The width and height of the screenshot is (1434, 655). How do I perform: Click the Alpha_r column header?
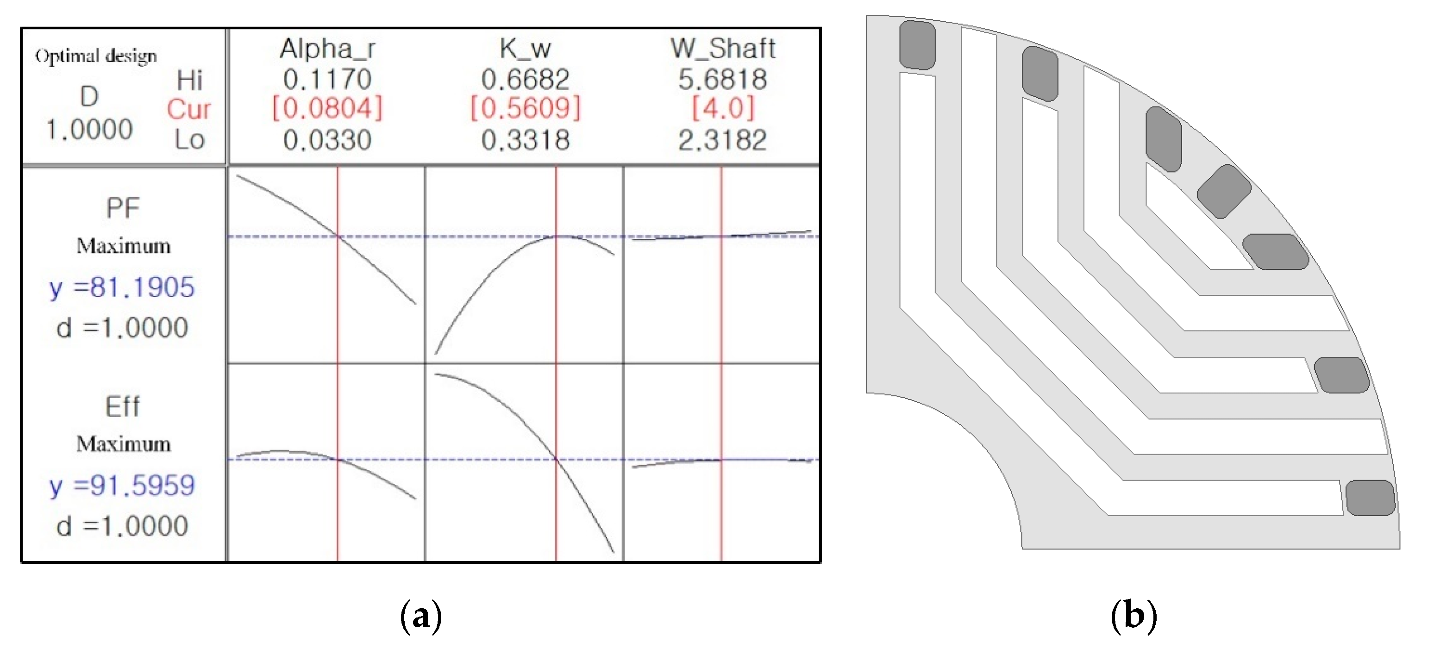[327, 49]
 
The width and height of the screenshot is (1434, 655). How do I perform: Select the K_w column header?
[525, 49]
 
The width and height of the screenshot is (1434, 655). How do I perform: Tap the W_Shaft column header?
[723, 49]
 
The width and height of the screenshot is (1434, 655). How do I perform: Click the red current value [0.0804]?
[327, 108]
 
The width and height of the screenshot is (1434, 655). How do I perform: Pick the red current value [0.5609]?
[526, 108]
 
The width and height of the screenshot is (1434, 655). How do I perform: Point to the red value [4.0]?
[723, 108]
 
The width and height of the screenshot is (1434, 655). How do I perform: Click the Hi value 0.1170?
[327, 79]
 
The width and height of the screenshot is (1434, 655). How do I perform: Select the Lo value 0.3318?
[526, 140]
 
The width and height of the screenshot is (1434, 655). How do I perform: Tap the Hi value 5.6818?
[723, 79]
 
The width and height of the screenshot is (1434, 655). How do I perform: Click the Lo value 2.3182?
[723, 140]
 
